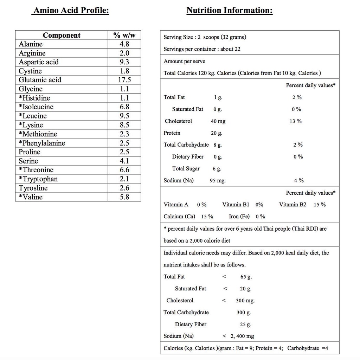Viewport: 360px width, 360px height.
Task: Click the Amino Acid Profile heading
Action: click(71, 10)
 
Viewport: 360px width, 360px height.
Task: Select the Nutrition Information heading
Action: click(229, 10)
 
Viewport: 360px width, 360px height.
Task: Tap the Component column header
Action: click(62, 35)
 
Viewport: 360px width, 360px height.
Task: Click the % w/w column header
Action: click(124, 35)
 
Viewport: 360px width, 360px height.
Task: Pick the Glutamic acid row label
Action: click(40, 80)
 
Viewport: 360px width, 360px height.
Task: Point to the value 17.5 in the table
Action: click(124, 80)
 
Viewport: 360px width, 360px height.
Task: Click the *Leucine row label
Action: click(33, 116)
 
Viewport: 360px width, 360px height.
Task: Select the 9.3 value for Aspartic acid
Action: click(124, 62)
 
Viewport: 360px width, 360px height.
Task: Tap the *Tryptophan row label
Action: click(38, 179)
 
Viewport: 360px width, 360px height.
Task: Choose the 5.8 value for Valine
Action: click(124, 197)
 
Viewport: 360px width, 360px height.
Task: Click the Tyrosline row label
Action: click(33, 188)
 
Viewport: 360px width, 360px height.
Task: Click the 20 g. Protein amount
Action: click(217, 133)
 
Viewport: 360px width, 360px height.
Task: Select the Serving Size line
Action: click(205, 37)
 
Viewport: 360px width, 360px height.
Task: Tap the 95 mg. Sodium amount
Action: click(218, 181)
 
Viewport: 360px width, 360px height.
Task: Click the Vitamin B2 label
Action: click(292, 205)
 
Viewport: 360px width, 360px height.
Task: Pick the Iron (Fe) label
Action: click(239, 217)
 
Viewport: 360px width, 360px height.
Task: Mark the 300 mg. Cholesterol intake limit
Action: click(245, 301)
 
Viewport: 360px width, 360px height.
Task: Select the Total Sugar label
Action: click(186, 169)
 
